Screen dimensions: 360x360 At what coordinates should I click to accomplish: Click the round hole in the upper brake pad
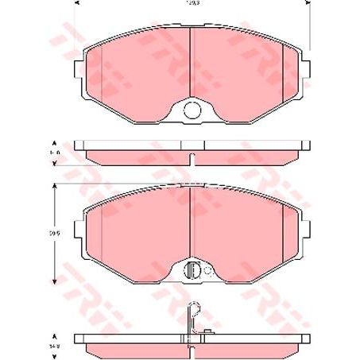[x=192, y=110]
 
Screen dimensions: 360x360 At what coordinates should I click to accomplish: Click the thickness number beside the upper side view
[x=55, y=151]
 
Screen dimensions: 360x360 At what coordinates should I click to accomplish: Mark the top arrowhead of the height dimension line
[x=54, y=185]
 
